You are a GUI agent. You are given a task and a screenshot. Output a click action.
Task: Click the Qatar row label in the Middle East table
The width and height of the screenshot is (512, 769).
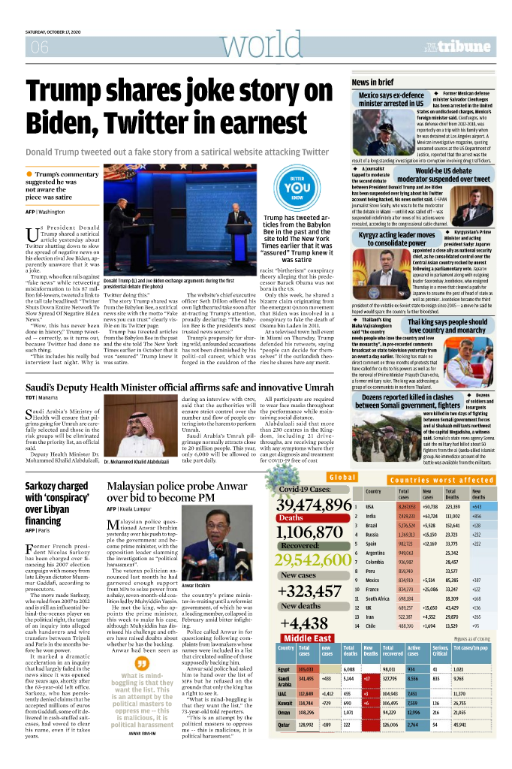pos(283,746)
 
